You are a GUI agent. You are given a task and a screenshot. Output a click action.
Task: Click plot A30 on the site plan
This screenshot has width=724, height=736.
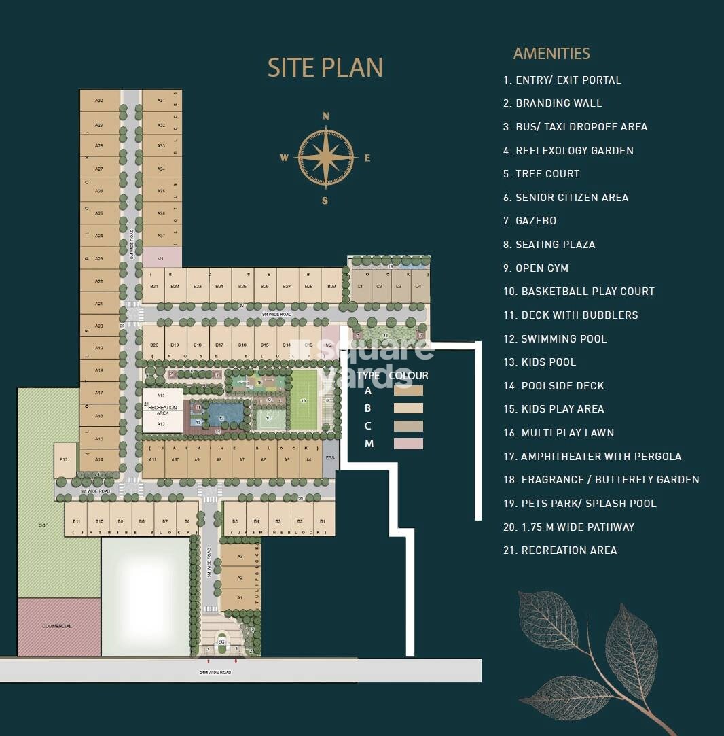click(99, 101)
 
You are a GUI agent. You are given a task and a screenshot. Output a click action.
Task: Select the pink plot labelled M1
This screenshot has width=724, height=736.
click(162, 258)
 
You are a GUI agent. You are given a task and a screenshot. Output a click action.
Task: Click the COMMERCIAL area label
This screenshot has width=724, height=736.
click(57, 626)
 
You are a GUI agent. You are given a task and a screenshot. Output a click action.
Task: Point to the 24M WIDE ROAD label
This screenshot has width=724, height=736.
click(215, 672)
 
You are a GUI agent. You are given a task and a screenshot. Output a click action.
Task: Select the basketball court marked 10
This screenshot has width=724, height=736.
click(269, 418)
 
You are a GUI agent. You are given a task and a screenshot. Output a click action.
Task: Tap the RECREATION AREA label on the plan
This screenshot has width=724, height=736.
click(162, 410)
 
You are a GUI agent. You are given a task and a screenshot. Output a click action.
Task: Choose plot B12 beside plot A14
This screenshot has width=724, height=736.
click(64, 459)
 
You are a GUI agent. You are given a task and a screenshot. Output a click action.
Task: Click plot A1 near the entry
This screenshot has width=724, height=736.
click(240, 598)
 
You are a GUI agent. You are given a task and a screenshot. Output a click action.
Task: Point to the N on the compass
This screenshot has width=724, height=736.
click(326, 116)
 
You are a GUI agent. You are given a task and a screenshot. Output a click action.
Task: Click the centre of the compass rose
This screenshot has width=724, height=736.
click(326, 158)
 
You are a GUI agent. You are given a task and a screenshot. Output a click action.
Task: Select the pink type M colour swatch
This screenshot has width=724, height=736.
click(408, 444)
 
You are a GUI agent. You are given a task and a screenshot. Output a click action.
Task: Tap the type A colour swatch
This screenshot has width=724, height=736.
click(408, 391)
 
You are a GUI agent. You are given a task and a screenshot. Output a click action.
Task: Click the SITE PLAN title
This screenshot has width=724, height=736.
click(325, 68)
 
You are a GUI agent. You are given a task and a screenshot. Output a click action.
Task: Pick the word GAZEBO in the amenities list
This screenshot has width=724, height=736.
click(536, 221)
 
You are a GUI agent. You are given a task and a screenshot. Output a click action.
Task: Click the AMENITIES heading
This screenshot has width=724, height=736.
click(551, 54)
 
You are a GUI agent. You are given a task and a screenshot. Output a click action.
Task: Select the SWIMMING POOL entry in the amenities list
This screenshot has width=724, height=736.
click(564, 338)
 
